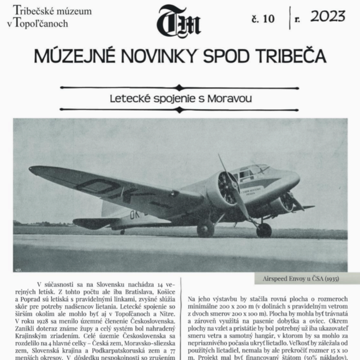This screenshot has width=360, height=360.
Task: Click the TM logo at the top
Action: point(179,22)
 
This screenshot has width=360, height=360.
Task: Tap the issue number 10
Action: point(263,19)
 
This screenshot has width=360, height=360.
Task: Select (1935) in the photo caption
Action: point(328,278)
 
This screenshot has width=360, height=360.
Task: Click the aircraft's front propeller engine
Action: point(227,188)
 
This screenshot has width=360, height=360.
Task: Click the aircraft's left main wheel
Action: point(206,229)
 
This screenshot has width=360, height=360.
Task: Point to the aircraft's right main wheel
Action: point(264,229)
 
